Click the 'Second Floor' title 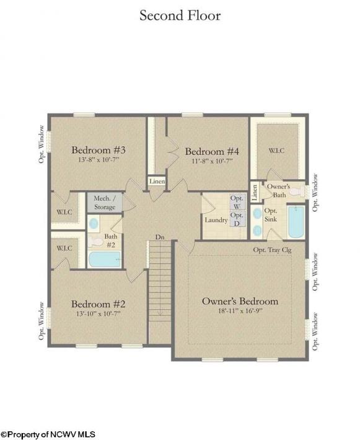click(x=180, y=15)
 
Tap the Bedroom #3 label click(x=99, y=150)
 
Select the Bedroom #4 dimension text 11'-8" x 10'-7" click(x=213, y=161)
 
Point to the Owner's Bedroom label click(x=240, y=301)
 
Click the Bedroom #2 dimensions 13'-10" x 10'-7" click(x=98, y=314)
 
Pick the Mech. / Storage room click(x=105, y=202)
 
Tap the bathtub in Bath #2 click(x=104, y=259)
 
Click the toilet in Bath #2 click(x=95, y=242)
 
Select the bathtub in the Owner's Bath click(x=296, y=222)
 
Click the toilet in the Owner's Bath click(x=297, y=192)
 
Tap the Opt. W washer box click(x=237, y=202)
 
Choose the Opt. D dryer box click(x=237, y=219)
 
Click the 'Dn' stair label click(x=160, y=237)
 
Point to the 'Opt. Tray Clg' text click(x=272, y=250)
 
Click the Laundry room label click(x=216, y=220)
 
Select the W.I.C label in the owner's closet click(x=276, y=151)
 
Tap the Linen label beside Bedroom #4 click(x=157, y=182)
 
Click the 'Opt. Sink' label click(x=271, y=214)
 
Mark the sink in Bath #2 click(x=94, y=224)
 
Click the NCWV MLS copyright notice click(x=48, y=434)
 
